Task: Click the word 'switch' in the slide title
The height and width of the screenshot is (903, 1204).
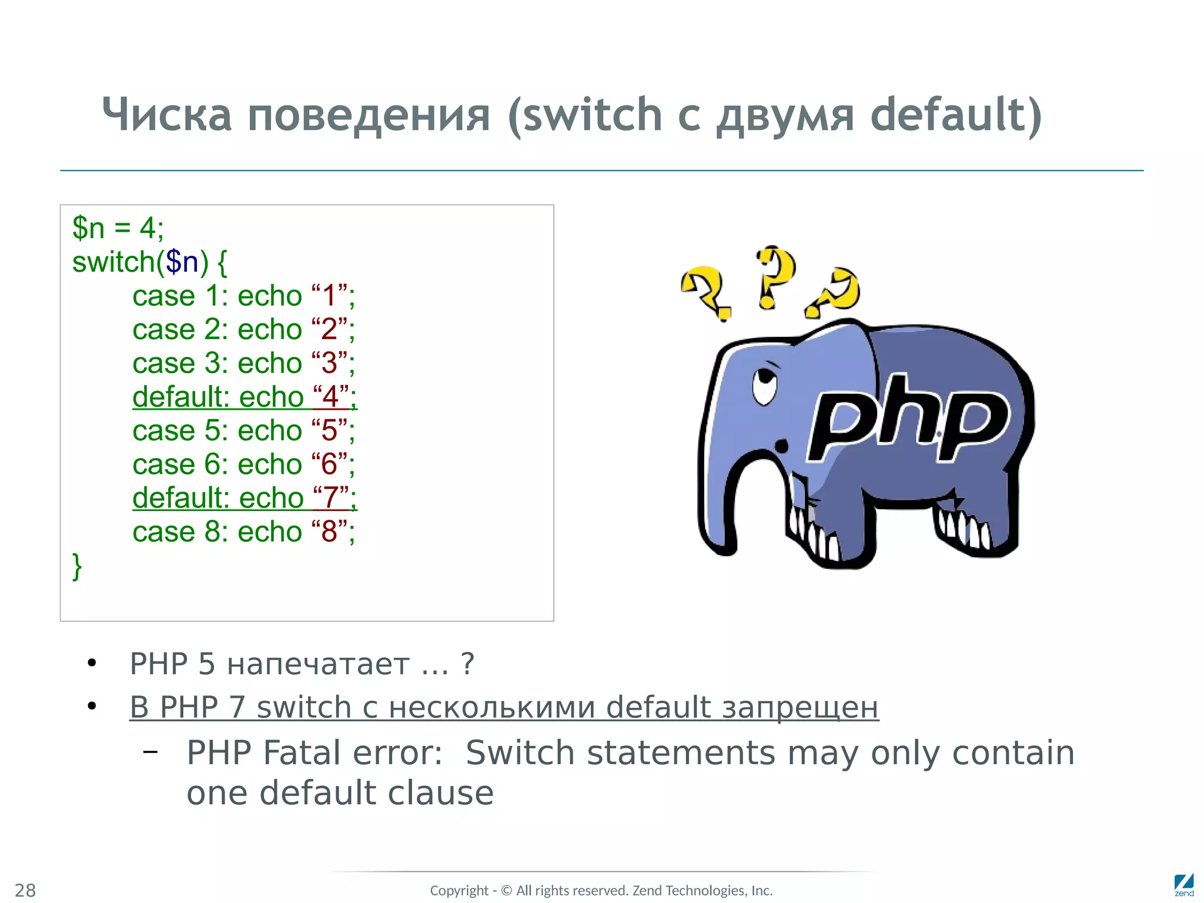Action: click(x=593, y=115)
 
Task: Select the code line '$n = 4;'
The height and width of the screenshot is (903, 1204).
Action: click(x=118, y=228)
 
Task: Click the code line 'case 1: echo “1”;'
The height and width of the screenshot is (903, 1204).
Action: click(x=243, y=296)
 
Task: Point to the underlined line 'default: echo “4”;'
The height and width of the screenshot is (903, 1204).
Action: click(x=244, y=397)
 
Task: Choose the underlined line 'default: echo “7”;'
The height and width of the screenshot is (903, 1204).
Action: click(x=244, y=498)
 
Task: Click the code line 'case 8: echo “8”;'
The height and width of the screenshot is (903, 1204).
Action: click(x=243, y=532)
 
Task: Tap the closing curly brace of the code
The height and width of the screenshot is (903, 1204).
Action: click(x=77, y=566)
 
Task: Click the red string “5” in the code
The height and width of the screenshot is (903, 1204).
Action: click(x=329, y=431)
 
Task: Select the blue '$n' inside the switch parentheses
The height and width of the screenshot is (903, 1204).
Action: click(x=182, y=262)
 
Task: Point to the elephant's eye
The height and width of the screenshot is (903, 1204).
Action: click(x=765, y=385)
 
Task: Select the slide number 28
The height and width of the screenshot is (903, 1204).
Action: click(x=25, y=890)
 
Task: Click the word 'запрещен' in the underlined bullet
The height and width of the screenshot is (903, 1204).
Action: click(x=800, y=707)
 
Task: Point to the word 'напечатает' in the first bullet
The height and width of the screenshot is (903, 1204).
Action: click(x=318, y=664)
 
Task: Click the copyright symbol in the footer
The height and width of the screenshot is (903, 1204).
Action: click(x=506, y=891)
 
